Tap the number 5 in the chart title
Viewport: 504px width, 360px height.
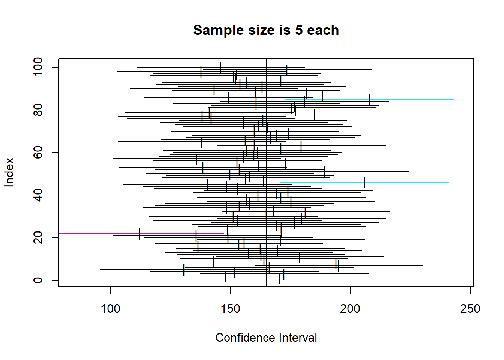299,30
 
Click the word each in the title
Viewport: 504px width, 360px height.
323,30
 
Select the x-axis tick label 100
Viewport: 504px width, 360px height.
110,309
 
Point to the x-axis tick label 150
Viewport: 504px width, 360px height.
230,309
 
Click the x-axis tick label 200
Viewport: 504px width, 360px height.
350,309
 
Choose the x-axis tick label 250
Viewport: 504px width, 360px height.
470,309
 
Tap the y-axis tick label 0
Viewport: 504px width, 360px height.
38,280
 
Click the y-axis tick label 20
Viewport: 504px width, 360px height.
38,237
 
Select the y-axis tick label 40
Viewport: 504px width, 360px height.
38,195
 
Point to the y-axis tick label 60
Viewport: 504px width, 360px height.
38,152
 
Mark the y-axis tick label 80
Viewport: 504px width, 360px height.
38,110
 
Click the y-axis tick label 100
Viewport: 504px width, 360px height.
38,67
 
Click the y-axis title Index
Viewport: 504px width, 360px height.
9,172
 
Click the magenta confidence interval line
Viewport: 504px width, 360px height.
94,233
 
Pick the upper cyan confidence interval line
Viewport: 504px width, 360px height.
412,99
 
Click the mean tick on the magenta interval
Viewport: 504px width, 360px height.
139,233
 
